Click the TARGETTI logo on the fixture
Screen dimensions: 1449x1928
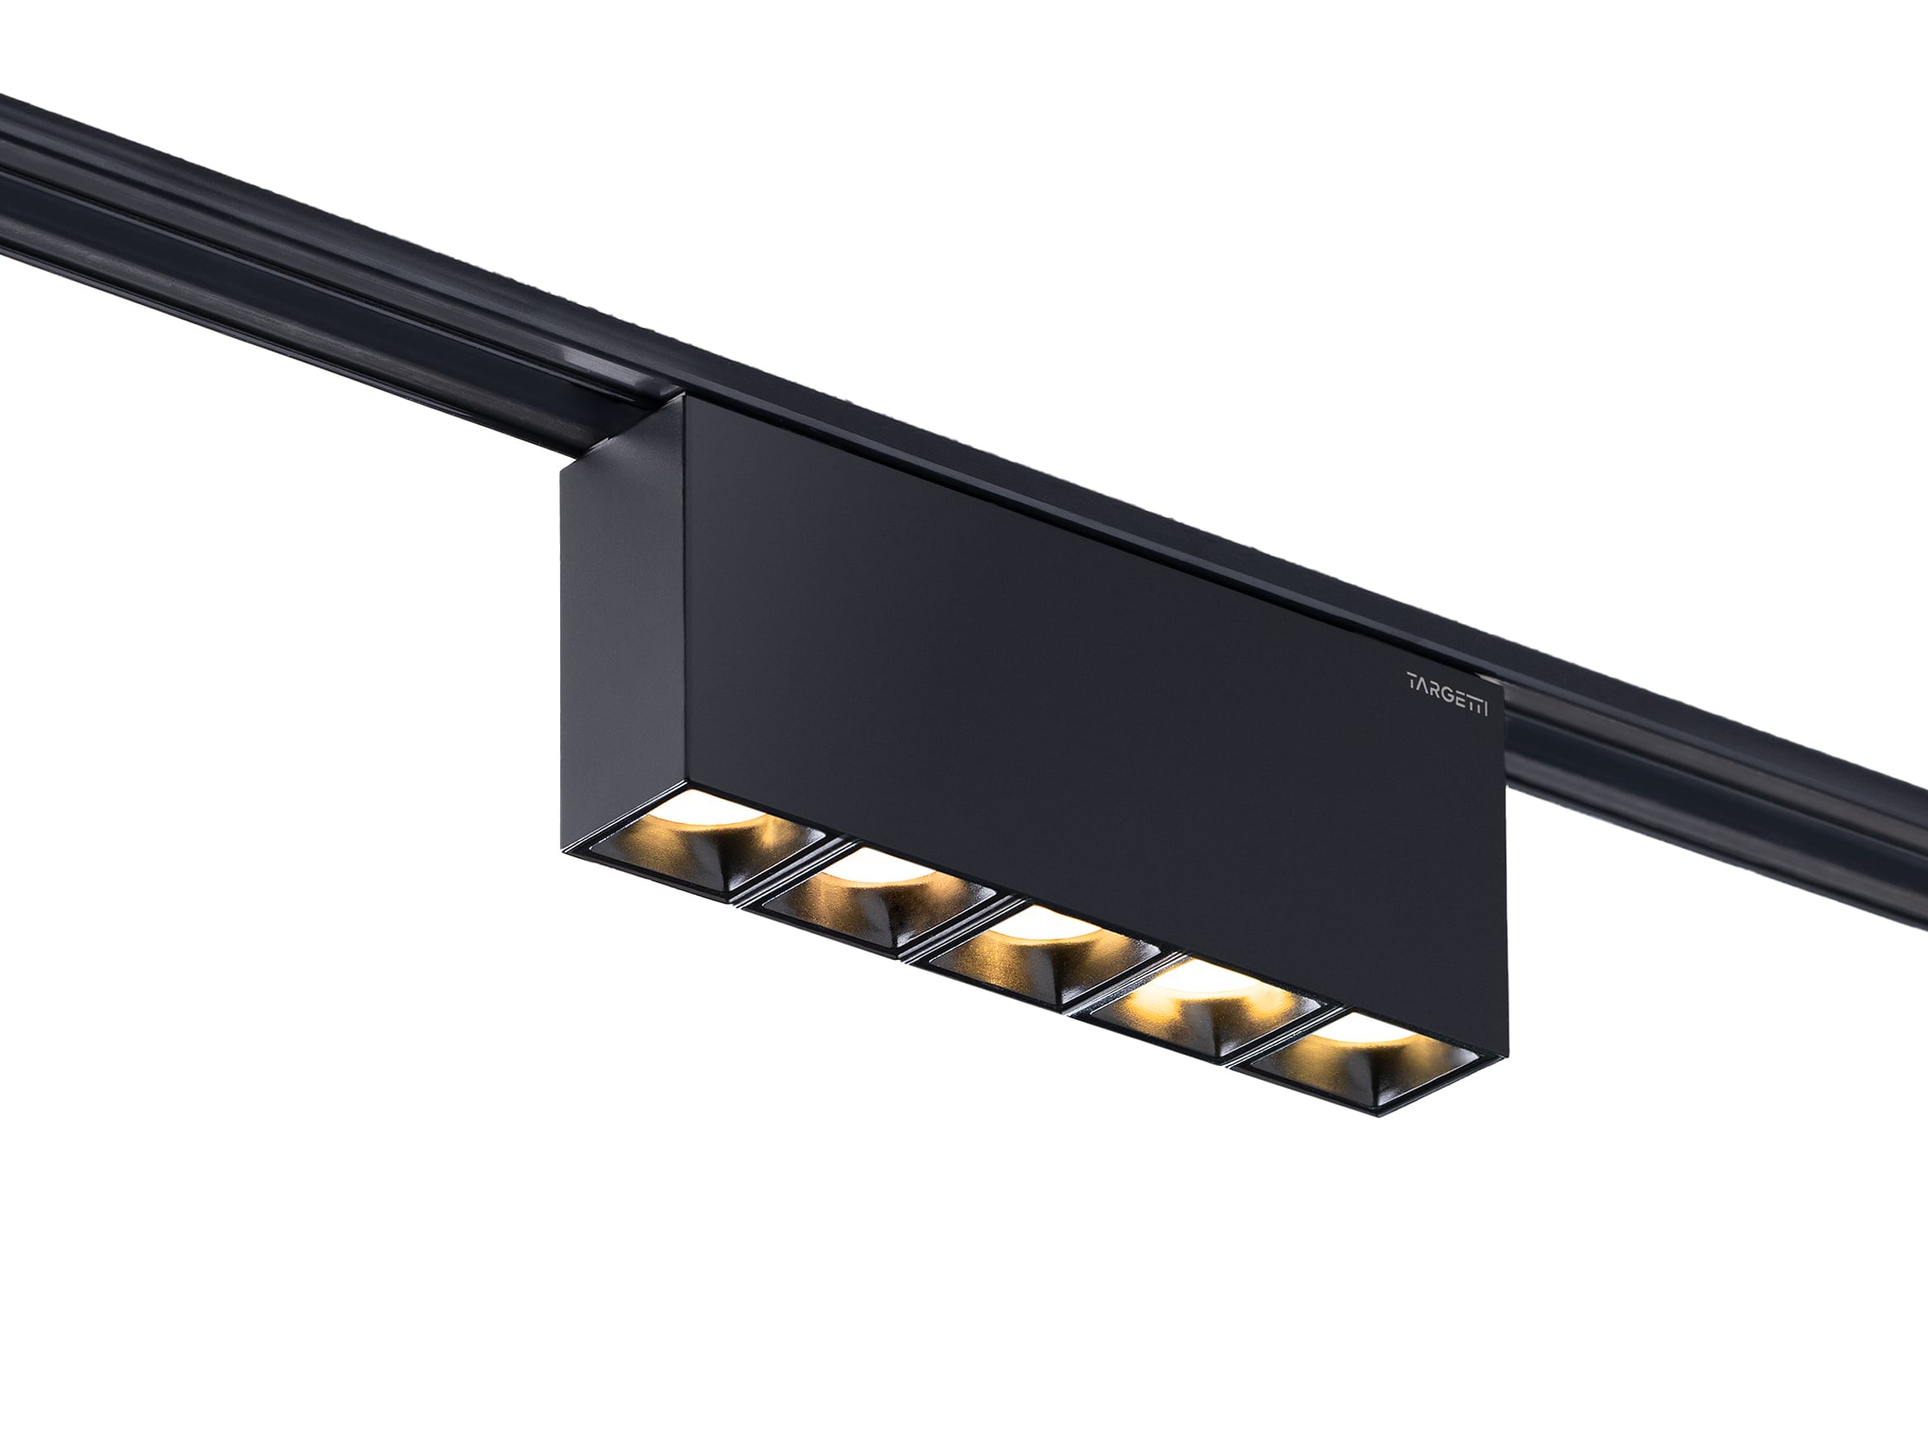[x=1447, y=681]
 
